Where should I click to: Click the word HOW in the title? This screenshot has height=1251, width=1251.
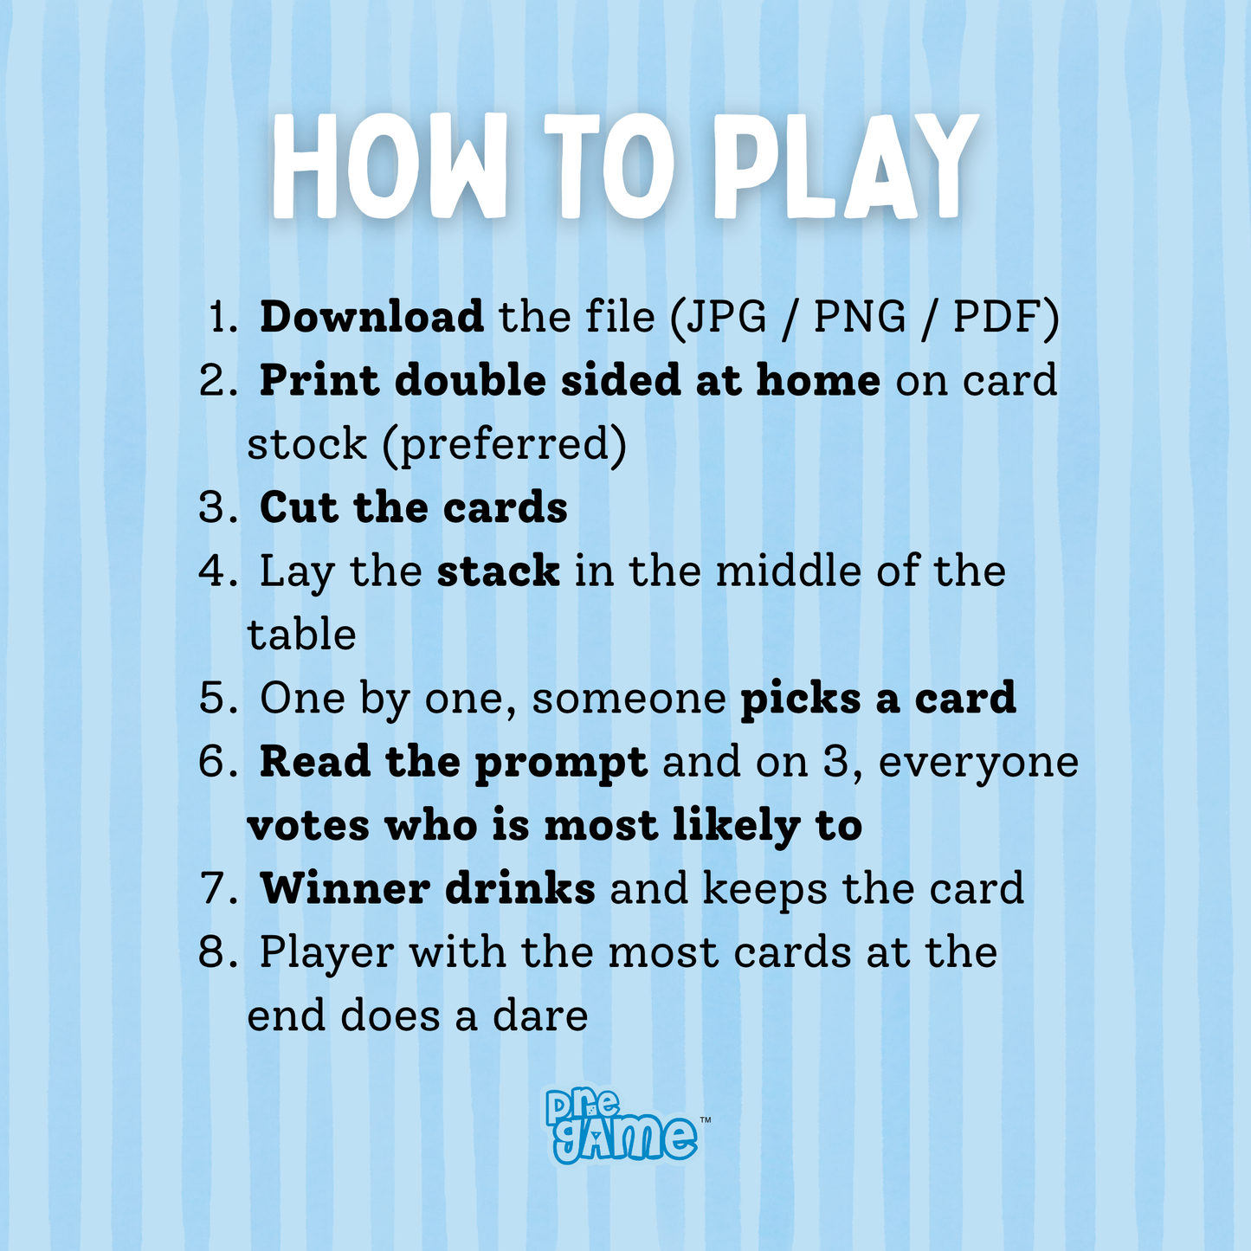[x=390, y=166]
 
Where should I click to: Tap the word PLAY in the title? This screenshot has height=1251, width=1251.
[x=846, y=166]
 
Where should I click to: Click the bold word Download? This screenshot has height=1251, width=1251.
[x=371, y=317]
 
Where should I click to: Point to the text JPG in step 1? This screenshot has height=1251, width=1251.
[x=726, y=317]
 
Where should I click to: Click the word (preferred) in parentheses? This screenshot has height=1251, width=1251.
[x=505, y=445]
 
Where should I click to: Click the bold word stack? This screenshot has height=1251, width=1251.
[x=498, y=571]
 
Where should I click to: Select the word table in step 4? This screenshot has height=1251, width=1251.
[x=302, y=635]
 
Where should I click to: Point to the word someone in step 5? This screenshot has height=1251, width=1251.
[x=629, y=700]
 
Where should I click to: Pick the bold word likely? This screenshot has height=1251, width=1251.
[x=736, y=827]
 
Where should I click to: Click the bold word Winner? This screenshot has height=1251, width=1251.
[x=345, y=888]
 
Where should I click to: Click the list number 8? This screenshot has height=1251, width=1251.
[x=214, y=953]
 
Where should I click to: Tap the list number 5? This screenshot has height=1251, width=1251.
[x=214, y=699]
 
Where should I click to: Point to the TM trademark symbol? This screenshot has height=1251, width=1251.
[x=705, y=1120]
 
